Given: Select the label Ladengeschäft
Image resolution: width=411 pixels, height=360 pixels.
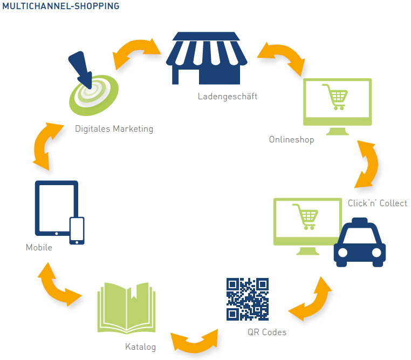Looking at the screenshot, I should click(x=227, y=97).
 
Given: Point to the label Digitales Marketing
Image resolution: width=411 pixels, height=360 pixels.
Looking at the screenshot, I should click(x=114, y=129).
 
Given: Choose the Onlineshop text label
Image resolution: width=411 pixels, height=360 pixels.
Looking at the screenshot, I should click(x=291, y=140).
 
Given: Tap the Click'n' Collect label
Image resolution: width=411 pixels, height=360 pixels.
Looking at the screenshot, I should click(x=378, y=203).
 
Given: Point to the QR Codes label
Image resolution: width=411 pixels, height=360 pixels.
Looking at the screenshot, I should click(x=267, y=332).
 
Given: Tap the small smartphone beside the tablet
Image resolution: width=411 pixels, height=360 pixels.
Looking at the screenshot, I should click(x=77, y=230).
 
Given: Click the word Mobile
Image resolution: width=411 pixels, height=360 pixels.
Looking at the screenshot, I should click(x=39, y=247).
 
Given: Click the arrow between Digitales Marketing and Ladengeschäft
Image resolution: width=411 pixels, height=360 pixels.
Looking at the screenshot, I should click(x=138, y=52).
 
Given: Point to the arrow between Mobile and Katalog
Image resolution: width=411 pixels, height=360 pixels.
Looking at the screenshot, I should click(x=58, y=286).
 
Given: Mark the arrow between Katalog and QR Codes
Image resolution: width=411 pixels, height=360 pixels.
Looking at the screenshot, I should click(x=194, y=340).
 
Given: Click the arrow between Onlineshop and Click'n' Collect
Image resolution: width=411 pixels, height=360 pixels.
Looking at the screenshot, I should click(x=369, y=163).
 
